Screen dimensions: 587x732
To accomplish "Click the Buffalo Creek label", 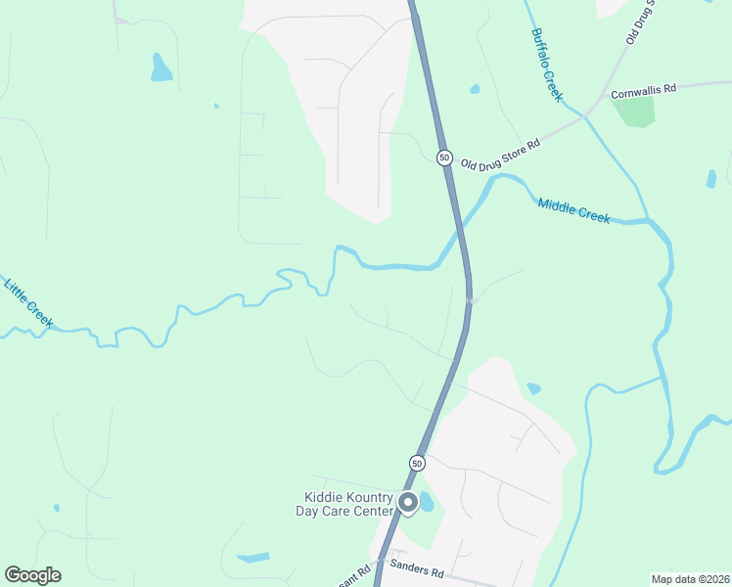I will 547,64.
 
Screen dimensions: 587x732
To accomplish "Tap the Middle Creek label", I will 574,210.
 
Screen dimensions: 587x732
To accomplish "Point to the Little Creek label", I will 28,303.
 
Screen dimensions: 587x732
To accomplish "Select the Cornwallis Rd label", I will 643,91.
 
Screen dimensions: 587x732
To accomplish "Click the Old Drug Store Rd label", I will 500,153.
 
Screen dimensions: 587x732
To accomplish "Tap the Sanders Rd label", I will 417,567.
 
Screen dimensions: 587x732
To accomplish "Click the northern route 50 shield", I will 444,158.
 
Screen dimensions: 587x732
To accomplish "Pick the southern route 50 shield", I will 417,463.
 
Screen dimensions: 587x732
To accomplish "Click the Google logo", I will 32,575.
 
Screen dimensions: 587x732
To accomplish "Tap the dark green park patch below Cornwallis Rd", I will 634,111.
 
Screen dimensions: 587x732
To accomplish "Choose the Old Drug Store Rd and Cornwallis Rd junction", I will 585,115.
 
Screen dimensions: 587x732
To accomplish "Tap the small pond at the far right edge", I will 711,179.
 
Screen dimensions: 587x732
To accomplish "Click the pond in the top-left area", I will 161,68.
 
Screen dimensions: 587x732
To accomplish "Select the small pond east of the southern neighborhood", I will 533,388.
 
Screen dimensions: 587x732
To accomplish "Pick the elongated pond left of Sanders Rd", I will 252,558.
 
